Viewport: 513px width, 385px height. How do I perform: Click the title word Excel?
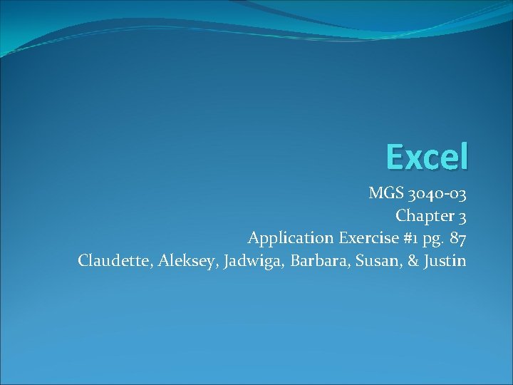[427, 156]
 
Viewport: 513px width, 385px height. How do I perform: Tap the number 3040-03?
[437, 192]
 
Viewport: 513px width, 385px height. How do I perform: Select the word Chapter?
[423, 215]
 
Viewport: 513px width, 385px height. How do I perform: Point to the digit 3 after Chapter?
[462, 215]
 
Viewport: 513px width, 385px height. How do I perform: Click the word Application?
[290, 238]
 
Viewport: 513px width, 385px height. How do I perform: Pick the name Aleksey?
[186, 261]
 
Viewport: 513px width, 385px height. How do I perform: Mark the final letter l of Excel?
[464, 155]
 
